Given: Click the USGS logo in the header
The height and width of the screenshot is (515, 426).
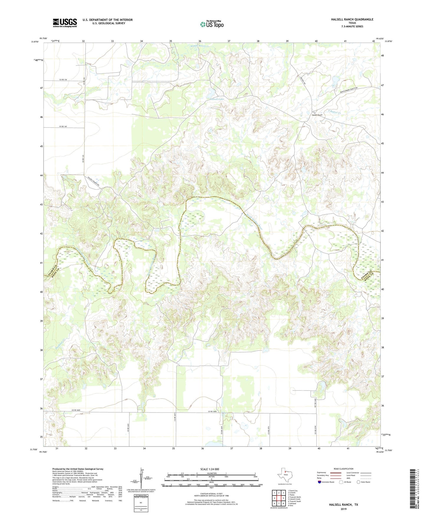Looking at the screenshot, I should [65, 23].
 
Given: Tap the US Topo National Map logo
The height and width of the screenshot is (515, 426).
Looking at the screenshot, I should [212, 24].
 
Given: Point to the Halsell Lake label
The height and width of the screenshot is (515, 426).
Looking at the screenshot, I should [217, 99].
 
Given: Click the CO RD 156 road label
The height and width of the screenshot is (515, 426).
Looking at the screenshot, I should [63, 79].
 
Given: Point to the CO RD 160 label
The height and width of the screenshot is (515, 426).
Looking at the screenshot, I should [63, 127].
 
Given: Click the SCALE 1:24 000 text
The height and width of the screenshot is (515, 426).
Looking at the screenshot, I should [210, 469].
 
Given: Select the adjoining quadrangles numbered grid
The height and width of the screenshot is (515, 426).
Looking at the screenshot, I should [279, 498].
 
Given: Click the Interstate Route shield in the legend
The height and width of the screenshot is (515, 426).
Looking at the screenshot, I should [320, 482].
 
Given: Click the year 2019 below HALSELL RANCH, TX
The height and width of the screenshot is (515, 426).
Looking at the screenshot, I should [343, 509].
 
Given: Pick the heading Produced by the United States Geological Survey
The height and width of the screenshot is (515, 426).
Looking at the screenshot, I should [78, 469].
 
